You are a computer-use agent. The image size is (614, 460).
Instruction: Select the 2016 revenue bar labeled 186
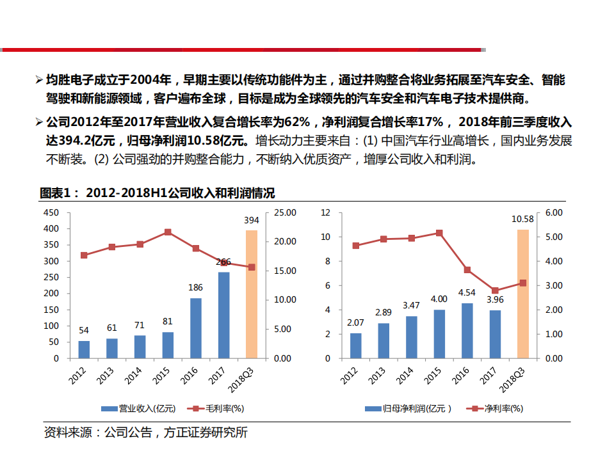(195, 328)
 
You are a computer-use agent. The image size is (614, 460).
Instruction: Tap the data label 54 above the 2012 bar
(84, 331)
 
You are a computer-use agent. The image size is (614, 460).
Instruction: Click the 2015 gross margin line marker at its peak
(168, 232)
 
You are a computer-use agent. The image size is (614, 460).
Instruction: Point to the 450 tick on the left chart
(51, 212)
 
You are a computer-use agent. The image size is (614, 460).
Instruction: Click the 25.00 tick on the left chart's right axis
(284, 212)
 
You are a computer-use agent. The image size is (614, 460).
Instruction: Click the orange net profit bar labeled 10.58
(523, 294)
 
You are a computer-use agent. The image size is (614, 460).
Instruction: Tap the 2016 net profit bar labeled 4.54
(467, 331)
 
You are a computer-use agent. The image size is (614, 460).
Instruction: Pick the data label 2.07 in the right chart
(355, 323)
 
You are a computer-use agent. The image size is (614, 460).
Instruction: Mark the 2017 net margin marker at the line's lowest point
(495, 290)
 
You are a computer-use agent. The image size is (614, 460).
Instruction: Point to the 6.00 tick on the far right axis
(554, 212)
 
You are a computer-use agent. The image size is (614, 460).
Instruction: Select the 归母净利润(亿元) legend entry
(410, 408)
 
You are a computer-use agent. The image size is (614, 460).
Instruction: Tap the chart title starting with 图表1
(158, 193)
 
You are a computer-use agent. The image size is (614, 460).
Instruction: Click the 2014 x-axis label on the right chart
(407, 373)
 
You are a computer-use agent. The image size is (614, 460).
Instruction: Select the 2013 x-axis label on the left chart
(107, 373)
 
